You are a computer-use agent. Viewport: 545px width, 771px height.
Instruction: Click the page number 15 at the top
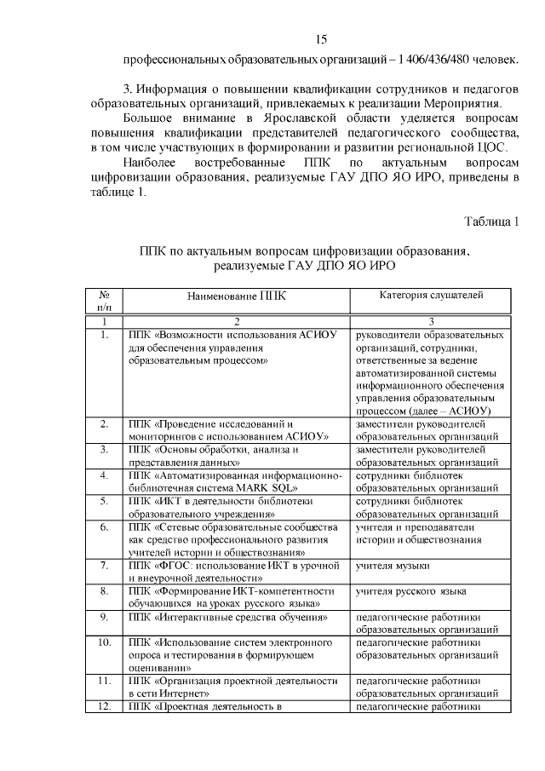point(320,39)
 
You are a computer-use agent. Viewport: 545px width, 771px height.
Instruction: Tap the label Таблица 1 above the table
point(491,222)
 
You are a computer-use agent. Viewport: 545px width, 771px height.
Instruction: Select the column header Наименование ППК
point(237,296)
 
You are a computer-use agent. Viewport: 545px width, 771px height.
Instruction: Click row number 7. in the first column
point(104,566)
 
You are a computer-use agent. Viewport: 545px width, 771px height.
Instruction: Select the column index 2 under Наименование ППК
point(237,322)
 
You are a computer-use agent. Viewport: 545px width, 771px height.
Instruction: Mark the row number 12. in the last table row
point(104,707)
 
